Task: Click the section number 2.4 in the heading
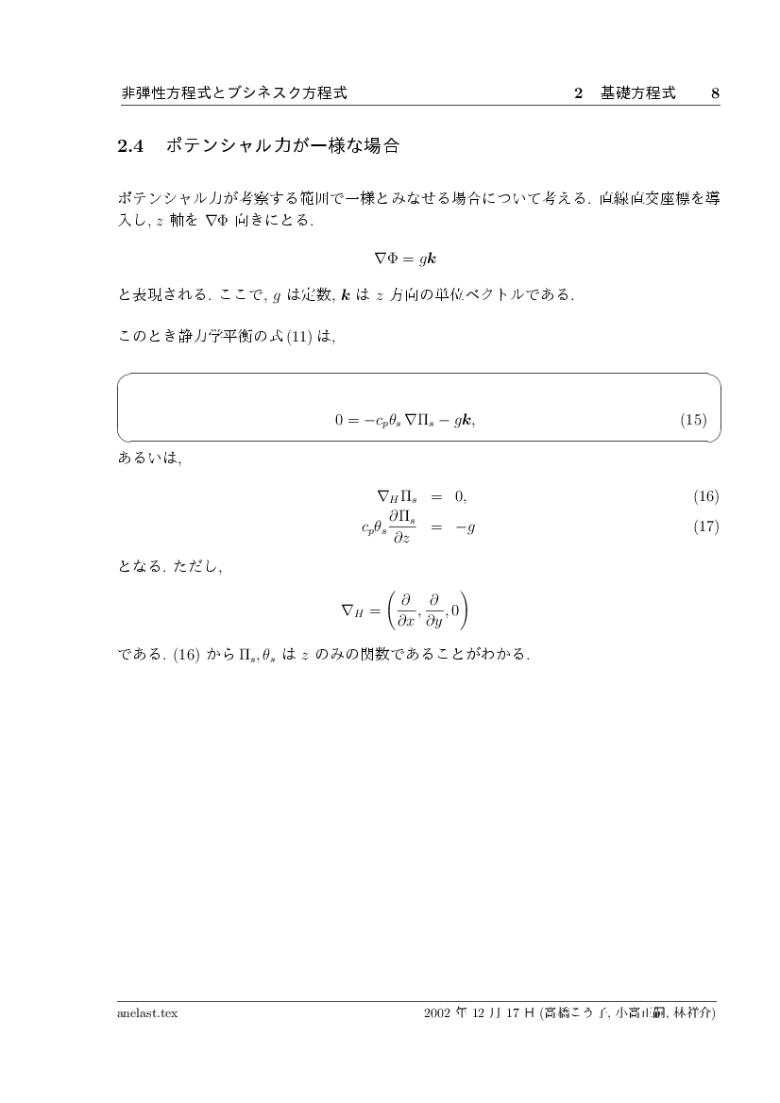coord(128,146)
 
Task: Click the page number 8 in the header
coord(715,93)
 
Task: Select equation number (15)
coord(692,420)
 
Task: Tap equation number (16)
coord(705,496)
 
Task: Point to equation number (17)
coord(705,526)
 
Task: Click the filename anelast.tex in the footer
coord(147,1013)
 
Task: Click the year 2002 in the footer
coord(438,1013)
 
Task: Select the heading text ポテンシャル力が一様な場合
coord(282,146)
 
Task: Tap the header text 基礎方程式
coord(637,93)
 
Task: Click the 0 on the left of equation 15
coord(339,420)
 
